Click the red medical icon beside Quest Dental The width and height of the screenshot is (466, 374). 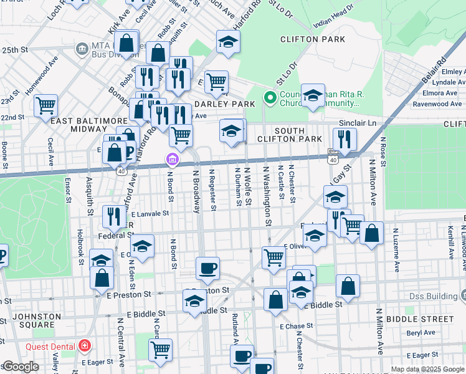(84, 346)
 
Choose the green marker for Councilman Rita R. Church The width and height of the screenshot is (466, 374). (270, 98)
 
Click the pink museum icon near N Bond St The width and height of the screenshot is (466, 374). (171, 161)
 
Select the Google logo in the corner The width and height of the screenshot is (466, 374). (20, 367)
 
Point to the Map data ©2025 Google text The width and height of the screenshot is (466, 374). (427, 369)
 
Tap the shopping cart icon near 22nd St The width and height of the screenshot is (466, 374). (45, 105)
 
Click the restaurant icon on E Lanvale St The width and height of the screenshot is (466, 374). (113, 216)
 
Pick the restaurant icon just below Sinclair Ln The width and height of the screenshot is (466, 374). (344, 138)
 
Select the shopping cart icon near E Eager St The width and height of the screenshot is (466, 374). (160, 350)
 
